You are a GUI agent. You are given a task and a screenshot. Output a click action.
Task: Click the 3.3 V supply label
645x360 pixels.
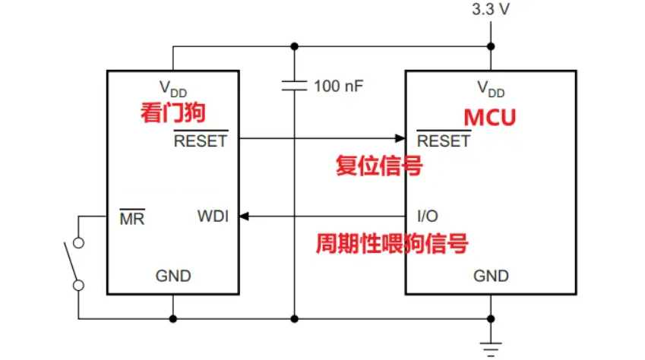tap(490, 11)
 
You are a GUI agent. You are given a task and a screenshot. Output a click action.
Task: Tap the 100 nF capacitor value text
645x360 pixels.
tap(339, 85)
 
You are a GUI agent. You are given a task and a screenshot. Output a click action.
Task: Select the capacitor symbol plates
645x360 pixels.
tap(294, 85)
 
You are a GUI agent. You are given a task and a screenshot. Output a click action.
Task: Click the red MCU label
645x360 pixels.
tap(490, 118)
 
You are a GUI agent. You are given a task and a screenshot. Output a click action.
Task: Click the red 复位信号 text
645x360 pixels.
tap(379, 166)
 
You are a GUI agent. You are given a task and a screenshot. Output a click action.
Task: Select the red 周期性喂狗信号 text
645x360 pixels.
tap(391, 245)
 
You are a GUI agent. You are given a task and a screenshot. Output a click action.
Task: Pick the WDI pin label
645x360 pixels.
tap(213, 216)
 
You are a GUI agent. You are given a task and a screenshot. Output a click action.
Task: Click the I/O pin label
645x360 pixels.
tap(427, 216)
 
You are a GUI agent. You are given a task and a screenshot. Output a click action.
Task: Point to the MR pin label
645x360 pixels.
tap(132, 219)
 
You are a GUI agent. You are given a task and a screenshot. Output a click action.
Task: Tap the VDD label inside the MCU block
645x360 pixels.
tap(491, 88)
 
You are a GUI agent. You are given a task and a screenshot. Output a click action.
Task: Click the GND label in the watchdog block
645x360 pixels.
tap(173, 275)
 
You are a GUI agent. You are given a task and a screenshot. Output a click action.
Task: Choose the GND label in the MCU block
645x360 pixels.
tap(491, 275)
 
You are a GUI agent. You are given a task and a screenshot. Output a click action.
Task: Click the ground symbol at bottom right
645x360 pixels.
tap(491, 347)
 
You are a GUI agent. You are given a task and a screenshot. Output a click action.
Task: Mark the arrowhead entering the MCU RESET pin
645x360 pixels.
tap(400, 138)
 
